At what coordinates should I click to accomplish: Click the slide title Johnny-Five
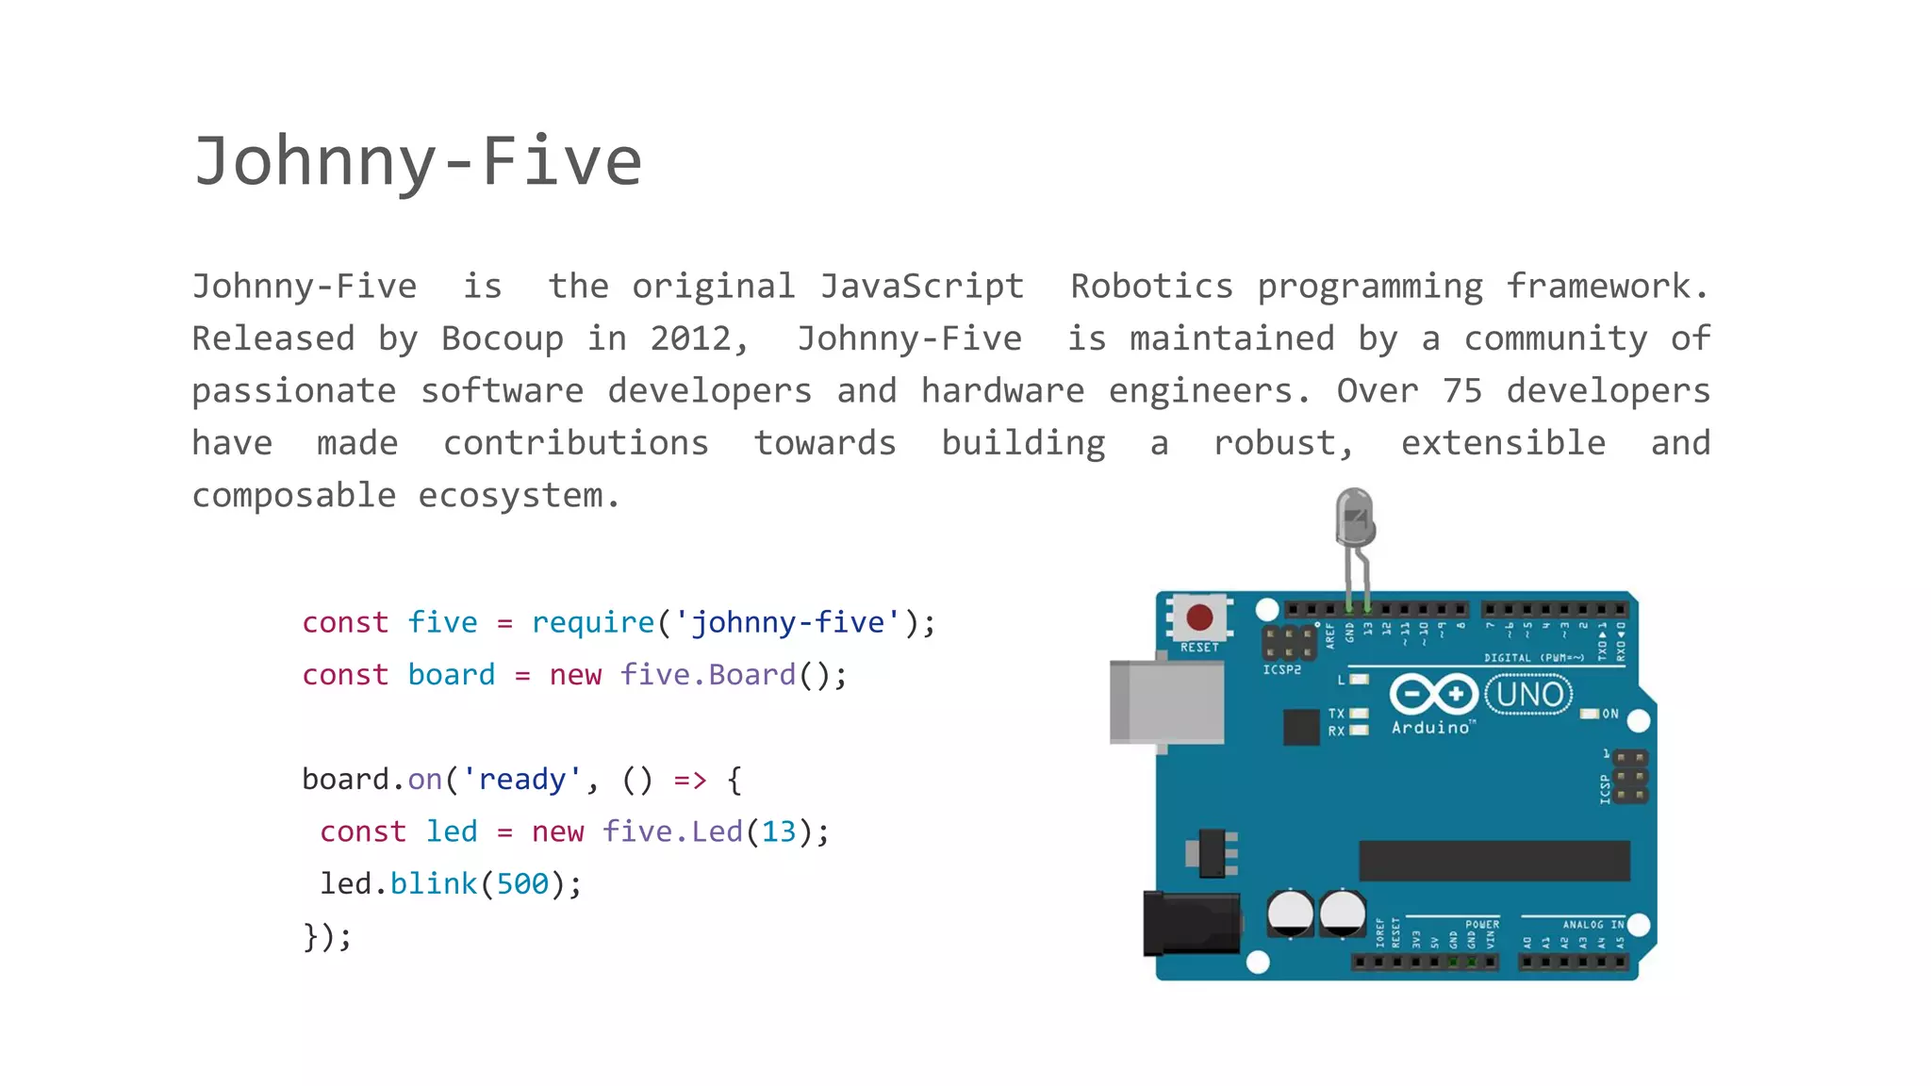click(x=418, y=161)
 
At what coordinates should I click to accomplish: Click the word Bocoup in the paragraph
click(x=502, y=338)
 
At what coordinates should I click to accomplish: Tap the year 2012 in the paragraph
click(x=691, y=338)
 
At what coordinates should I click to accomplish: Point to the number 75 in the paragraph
click(x=1462, y=390)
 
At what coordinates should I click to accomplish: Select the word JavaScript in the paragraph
click(x=921, y=287)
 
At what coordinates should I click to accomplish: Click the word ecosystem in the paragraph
click(x=509, y=495)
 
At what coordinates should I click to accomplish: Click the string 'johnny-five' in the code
click(x=788, y=622)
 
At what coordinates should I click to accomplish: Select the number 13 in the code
click(x=779, y=831)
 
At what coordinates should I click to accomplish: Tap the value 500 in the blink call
click(x=522, y=883)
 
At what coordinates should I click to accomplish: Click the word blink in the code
click(x=434, y=883)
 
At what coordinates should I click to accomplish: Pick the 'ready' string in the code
click(x=521, y=780)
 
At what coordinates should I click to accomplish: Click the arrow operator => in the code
click(x=689, y=780)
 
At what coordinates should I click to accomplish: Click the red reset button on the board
click(x=1199, y=617)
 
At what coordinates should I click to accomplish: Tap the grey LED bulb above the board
click(x=1354, y=517)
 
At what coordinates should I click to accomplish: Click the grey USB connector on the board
click(x=1166, y=702)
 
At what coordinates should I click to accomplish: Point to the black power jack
click(x=1191, y=923)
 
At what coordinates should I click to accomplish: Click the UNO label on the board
click(x=1528, y=695)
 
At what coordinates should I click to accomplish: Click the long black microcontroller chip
click(x=1494, y=861)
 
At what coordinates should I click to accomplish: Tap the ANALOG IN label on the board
click(x=1593, y=925)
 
